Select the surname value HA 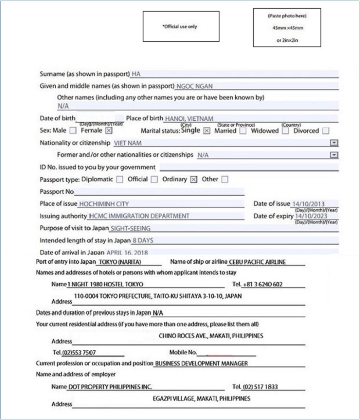click(136, 74)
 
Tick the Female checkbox click(109, 131)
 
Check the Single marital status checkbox click(207, 131)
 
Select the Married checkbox click(243, 131)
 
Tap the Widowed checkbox click(286, 131)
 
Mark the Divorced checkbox click(326, 131)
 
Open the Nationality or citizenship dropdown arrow click(334, 143)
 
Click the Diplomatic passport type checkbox click(120, 180)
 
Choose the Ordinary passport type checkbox click(194, 180)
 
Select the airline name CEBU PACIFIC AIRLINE click(258, 263)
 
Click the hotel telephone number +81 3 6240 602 click(262, 285)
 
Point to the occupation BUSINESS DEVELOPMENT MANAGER click(201, 364)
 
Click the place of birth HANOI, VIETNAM click(189, 119)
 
